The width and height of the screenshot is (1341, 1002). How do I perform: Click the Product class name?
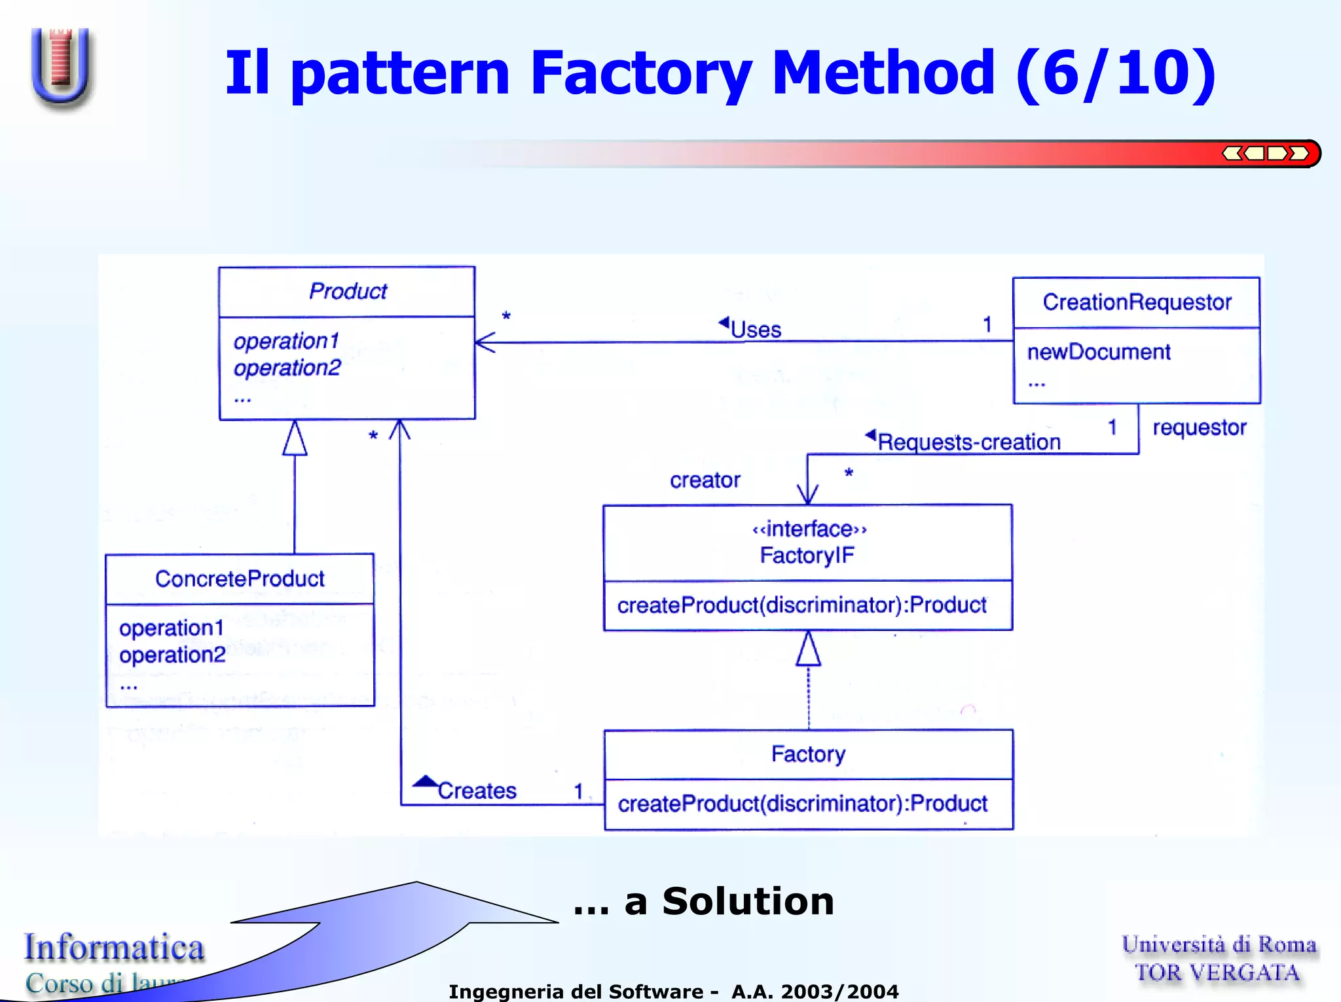point(348,291)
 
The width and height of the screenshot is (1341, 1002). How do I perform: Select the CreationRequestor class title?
point(1137,302)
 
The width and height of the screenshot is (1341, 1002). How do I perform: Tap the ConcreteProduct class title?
point(240,579)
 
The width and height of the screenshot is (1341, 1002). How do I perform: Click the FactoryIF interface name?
point(807,556)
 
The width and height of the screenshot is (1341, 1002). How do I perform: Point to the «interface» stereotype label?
point(809,529)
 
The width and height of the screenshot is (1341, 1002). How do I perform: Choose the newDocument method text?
point(1098,352)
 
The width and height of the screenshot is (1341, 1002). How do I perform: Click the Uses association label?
point(756,329)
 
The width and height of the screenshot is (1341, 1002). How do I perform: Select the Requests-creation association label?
point(968,442)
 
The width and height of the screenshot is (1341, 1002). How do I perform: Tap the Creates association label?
point(477,791)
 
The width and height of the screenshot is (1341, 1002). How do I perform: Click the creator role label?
point(705,480)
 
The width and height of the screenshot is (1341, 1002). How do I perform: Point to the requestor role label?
point(1199,427)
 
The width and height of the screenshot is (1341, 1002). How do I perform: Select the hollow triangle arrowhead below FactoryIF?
point(808,649)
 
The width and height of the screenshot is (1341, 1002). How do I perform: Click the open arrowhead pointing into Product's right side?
point(485,342)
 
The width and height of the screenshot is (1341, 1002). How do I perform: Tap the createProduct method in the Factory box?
point(802,804)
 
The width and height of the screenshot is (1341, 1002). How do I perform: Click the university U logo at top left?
point(61,65)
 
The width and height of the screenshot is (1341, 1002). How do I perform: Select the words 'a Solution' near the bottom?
point(729,901)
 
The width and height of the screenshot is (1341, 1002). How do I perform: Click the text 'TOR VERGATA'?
point(1217,973)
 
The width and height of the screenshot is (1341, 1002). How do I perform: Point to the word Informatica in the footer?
point(115,948)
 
